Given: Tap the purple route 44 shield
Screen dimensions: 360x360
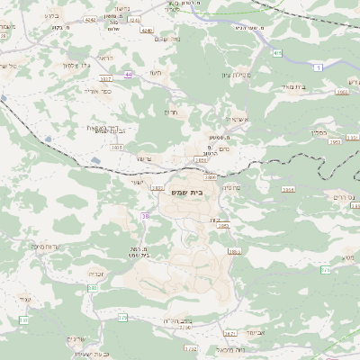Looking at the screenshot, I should tap(129, 74).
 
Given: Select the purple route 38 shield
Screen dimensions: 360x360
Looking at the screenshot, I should tap(145, 216).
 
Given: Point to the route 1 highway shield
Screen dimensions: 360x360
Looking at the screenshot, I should tap(318, 67).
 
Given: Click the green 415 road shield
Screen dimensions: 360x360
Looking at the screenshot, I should tap(278, 54).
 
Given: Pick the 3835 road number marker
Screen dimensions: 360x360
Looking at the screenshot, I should tap(117, 147).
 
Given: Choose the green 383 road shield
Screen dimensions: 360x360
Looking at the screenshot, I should tap(92, 288).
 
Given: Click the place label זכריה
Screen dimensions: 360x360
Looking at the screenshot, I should tap(96, 274).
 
